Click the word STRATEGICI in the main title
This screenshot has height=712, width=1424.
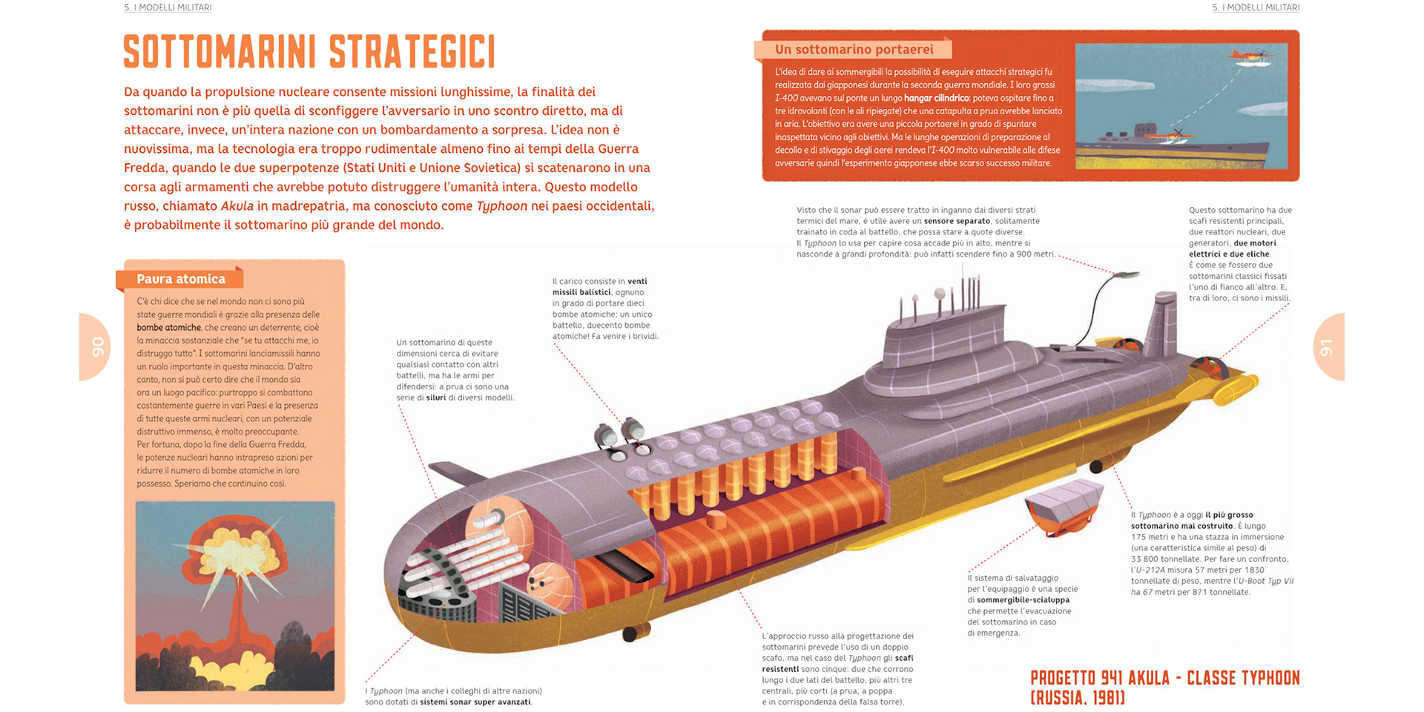pos(412,51)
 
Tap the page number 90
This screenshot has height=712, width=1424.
pos(97,347)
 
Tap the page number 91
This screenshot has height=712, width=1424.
pos(1326,347)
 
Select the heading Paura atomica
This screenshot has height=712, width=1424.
pos(180,279)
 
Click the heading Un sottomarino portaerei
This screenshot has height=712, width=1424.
pos(854,50)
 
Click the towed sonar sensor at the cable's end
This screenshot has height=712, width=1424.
pos(1127,274)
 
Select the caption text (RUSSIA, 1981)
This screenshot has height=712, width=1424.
pos(1077,697)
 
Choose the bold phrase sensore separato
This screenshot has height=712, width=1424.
pos(957,221)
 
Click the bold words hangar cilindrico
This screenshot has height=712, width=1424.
pos(936,98)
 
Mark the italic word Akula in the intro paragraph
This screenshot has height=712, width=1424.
pos(237,206)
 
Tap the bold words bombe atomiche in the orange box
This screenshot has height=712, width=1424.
pos(168,328)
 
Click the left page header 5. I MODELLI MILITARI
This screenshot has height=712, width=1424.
pos(168,7)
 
